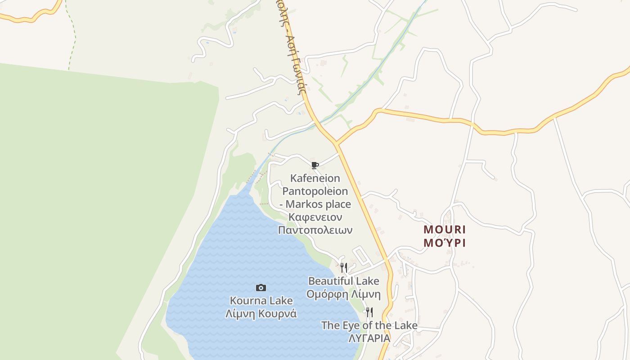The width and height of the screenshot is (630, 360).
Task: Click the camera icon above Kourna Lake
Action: click(261, 288)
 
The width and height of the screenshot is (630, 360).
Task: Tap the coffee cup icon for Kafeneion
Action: click(315, 165)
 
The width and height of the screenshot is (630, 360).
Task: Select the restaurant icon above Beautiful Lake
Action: click(344, 268)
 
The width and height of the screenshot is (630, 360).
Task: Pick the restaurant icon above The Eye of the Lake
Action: click(369, 312)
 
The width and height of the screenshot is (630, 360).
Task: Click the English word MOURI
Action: click(445, 229)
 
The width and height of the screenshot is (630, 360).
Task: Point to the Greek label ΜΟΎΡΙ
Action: click(445, 243)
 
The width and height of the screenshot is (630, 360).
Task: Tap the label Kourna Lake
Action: click(261, 301)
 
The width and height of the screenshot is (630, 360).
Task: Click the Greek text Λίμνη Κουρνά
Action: click(261, 314)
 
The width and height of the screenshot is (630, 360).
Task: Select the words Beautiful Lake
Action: click(344, 281)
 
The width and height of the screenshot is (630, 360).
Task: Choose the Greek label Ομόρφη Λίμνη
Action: click(344, 295)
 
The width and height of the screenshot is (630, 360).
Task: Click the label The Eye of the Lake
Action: click(369, 325)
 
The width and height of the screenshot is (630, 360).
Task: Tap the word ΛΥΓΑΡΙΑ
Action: click(369, 338)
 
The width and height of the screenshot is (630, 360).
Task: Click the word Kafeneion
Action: click(315, 178)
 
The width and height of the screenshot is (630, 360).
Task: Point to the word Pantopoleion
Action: click(315, 191)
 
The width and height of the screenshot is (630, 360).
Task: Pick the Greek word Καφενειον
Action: click(315, 217)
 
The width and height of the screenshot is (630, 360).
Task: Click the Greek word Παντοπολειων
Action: click(315, 230)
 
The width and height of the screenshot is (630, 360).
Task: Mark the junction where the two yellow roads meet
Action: click(337, 144)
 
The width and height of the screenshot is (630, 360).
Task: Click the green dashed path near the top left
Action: click(72, 36)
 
